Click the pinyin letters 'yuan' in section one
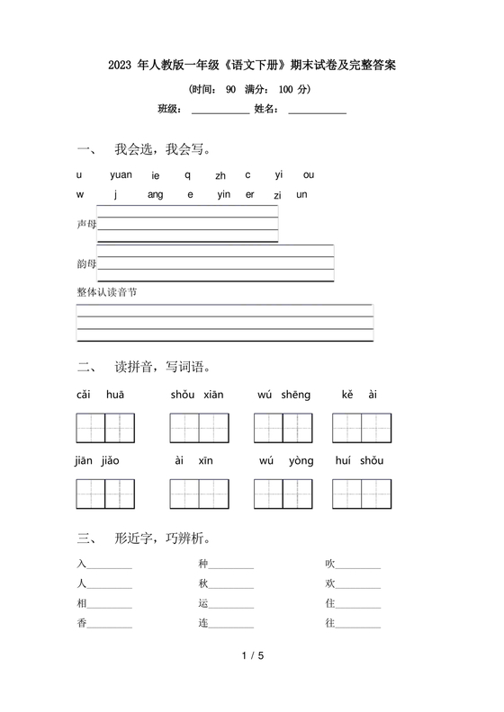pyautogui.click(x=121, y=174)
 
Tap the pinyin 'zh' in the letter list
pyautogui.click(x=220, y=175)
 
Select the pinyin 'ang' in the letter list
pyautogui.click(x=155, y=194)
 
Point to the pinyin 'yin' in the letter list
pyautogui.click(x=224, y=194)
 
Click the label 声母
pyautogui.click(x=86, y=223)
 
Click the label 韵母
pyautogui.click(x=86, y=263)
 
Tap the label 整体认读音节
pyautogui.click(x=107, y=292)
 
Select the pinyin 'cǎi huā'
pyautogui.click(x=100, y=395)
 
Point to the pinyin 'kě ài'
pyautogui.click(x=359, y=395)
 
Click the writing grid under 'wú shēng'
pyautogui.click(x=283, y=428)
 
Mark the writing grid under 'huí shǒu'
pyautogui.click(x=361, y=494)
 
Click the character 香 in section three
pyautogui.click(x=82, y=623)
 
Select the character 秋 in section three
pyautogui.click(x=203, y=583)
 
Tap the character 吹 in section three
pyautogui.click(x=330, y=564)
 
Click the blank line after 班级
pyautogui.click(x=220, y=111)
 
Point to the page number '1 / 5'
pyautogui.click(x=253, y=682)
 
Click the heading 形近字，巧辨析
pyautogui.click(x=162, y=539)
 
